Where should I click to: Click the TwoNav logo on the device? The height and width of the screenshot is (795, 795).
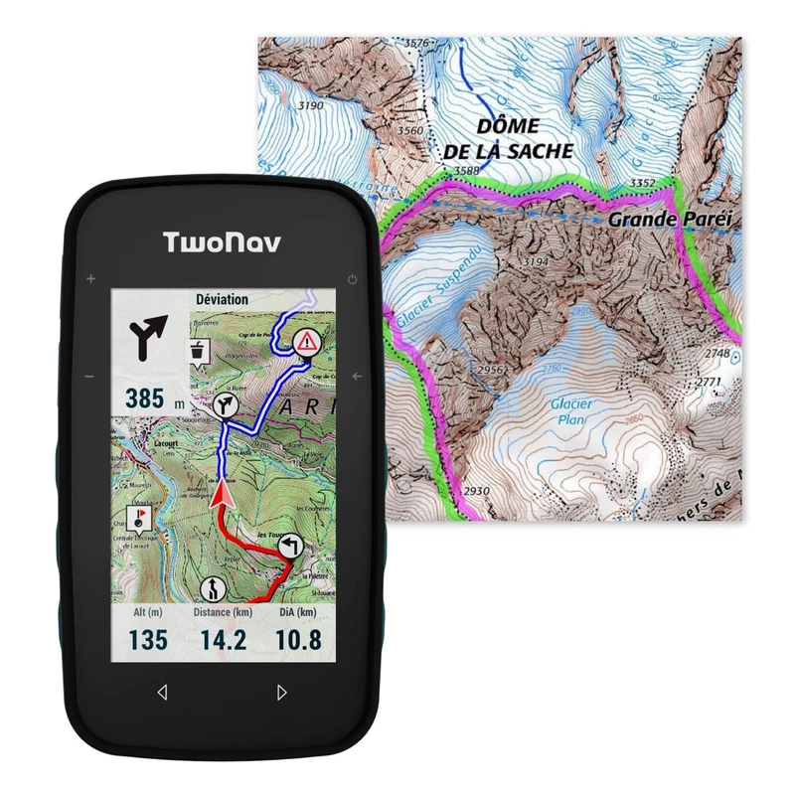point(222,243)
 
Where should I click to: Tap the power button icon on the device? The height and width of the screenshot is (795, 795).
point(353,278)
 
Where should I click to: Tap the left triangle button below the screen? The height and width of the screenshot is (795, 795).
point(162,692)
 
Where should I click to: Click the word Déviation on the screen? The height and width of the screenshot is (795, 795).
point(222,299)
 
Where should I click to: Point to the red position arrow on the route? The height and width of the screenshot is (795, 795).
point(221,493)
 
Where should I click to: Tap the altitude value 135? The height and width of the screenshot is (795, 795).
point(148,640)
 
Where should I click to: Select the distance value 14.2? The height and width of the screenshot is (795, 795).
point(223,640)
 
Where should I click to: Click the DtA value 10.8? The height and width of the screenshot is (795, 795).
point(298,640)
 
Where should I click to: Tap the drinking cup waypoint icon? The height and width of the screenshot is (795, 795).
point(200,351)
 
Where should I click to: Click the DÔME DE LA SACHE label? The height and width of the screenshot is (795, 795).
point(509,139)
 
